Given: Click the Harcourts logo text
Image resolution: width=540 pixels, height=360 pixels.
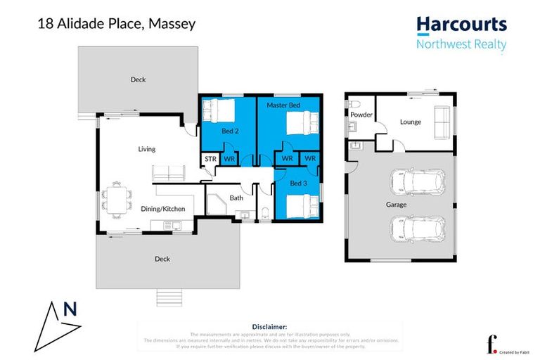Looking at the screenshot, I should point(461,24).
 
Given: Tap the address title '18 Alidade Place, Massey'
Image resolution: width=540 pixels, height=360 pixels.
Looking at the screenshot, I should point(116,24).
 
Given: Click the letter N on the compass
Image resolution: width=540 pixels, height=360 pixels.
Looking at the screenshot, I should point(69,309).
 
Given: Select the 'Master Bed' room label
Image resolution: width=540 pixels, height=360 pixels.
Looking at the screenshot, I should point(283,105).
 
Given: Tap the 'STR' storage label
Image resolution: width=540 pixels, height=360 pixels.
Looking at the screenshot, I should point(210,160).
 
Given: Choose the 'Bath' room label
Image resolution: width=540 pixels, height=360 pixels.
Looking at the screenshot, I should point(236,198).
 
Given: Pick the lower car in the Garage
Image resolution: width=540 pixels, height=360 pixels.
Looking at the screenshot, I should point(417,229).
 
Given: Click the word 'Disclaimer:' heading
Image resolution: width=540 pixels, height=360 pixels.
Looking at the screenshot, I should point(269,327).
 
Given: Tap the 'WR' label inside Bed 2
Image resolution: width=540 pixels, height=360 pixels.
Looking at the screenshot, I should point(229,160).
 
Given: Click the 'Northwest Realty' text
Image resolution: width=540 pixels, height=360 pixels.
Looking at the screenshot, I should point(461,44).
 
